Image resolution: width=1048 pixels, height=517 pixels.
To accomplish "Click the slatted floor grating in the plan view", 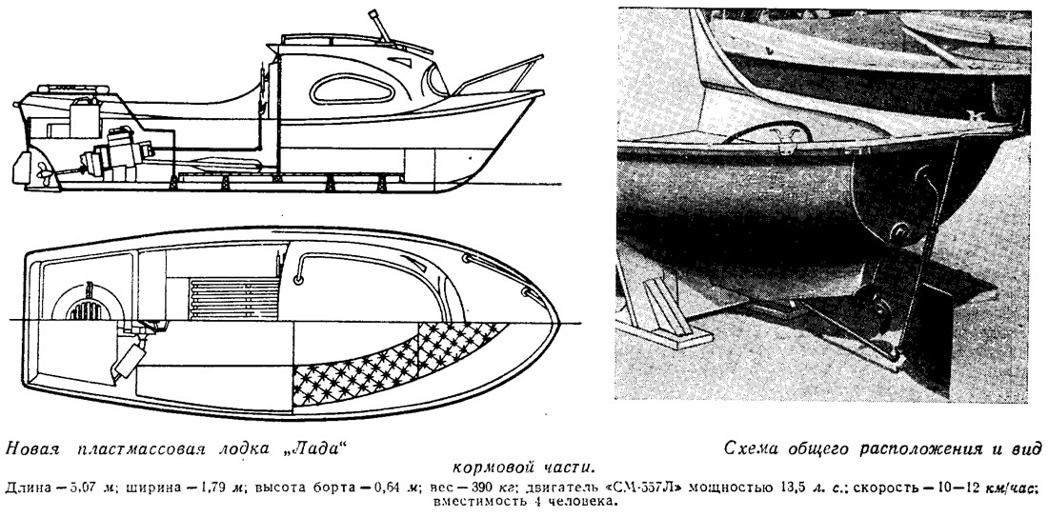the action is pyautogui.click(x=234, y=299).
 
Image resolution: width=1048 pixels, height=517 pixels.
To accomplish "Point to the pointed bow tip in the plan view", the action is pyautogui.click(x=556, y=323).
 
